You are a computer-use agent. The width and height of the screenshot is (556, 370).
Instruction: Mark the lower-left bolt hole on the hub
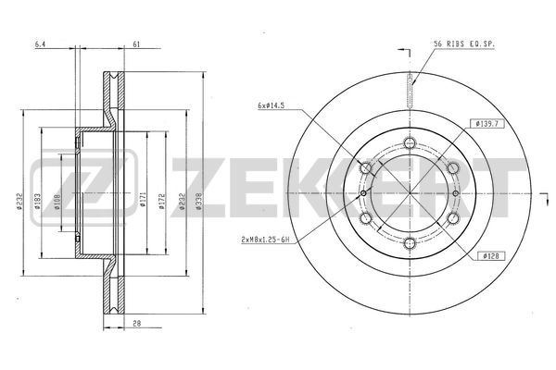(366, 219)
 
